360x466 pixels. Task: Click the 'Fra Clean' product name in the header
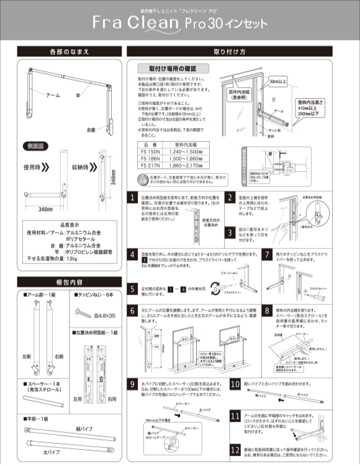point(136,24)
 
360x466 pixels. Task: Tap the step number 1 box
point(133,197)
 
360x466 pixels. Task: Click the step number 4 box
point(133,255)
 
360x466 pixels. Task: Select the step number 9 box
point(133,384)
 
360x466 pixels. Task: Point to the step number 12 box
point(235,449)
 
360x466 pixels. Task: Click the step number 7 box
point(267,255)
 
